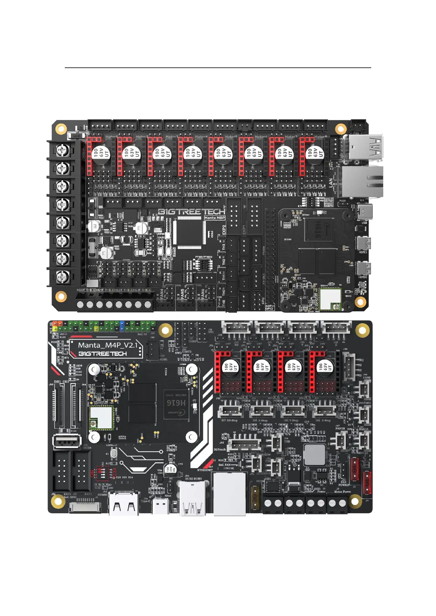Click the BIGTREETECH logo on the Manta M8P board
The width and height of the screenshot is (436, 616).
coord(191,212)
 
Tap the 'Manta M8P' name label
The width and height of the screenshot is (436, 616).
coord(215,218)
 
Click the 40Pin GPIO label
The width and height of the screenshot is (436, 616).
coord(269,307)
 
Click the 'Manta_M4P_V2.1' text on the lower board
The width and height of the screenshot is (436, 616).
coord(108,345)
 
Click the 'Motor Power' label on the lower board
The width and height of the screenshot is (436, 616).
coord(343,492)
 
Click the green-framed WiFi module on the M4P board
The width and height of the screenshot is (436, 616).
coord(101,417)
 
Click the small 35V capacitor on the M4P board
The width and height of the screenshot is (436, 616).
coord(170,469)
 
